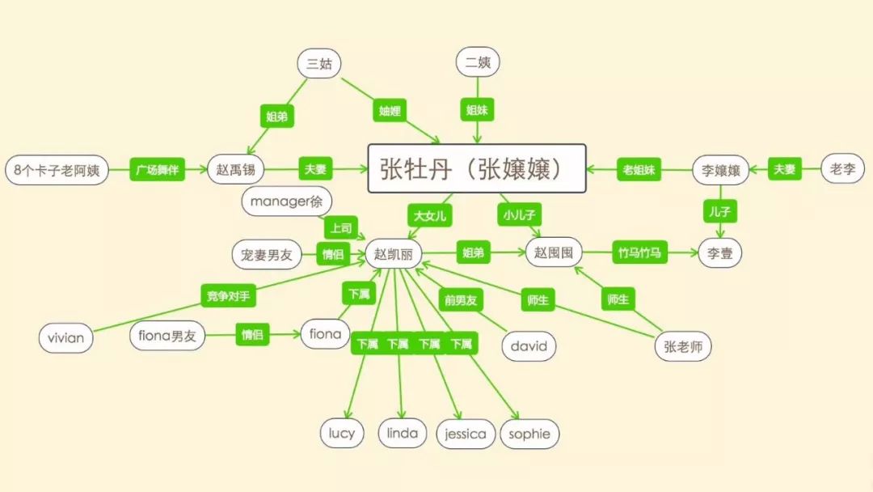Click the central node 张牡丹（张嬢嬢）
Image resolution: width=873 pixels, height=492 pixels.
click(477, 168)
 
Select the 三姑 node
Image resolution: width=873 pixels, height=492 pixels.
click(318, 63)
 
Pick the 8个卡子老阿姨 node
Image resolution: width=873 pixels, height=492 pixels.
click(57, 171)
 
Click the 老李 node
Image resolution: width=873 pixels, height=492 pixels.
click(842, 169)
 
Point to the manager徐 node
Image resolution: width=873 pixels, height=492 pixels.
click(286, 201)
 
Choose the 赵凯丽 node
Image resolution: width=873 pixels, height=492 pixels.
click(394, 253)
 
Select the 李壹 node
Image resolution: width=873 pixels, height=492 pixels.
click(719, 252)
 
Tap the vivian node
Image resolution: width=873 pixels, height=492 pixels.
click(65, 337)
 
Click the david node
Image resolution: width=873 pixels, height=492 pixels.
click(529, 346)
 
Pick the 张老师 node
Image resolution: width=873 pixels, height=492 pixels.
click(682, 346)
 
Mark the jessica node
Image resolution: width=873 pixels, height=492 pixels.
click(466, 434)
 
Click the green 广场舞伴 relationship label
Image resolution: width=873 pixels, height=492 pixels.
click(158, 170)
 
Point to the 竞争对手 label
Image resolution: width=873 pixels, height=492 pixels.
click(228, 295)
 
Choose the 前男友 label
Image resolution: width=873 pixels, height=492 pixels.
click(459, 300)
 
